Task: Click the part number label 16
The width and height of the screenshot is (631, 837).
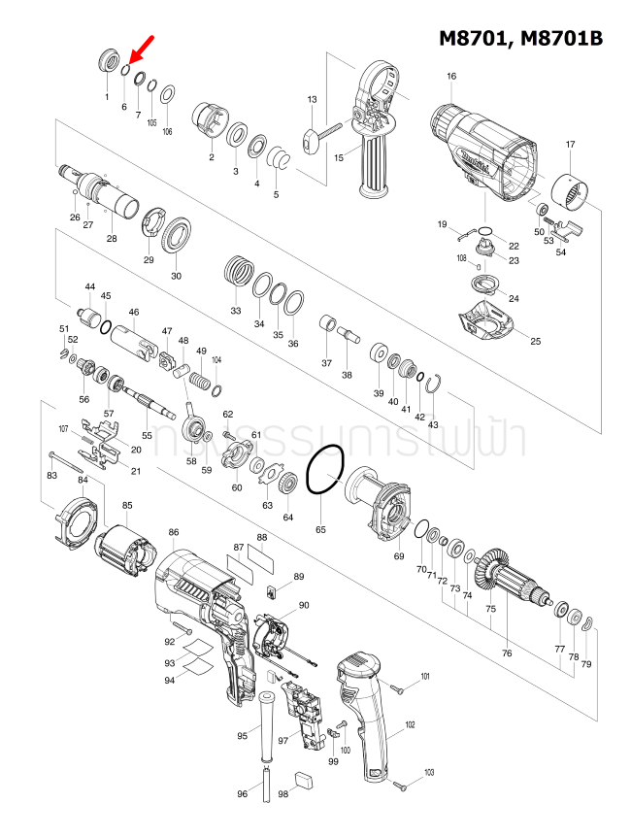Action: click(x=451, y=76)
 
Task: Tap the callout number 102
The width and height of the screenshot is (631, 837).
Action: click(x=410, y=725)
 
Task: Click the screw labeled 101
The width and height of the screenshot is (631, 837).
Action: click(x=398, y=687)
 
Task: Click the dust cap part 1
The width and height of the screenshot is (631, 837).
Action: click(x=108, y=62)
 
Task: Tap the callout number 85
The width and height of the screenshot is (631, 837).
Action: click(x=127, y=506)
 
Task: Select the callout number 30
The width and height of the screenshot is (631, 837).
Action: click(x=176, y=276)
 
